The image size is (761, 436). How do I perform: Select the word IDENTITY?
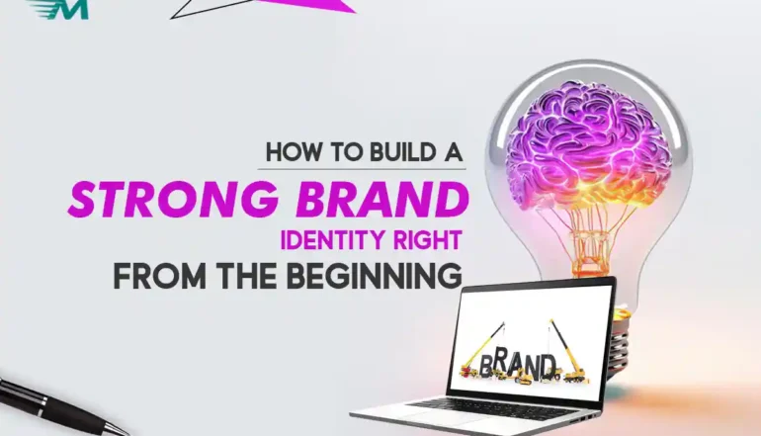coord(324,240)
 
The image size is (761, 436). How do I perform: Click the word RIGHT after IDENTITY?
coord(417,240)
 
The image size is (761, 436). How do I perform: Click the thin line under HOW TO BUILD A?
coord(362,169)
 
